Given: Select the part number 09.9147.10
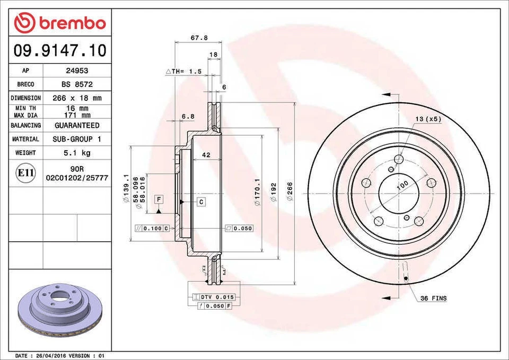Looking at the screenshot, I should [59, 51].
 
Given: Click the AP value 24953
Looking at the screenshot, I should [77, 71].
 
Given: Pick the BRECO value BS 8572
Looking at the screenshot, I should [77, 84].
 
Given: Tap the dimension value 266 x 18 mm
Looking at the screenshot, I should [77, 98].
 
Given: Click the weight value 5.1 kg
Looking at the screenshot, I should [77, 153].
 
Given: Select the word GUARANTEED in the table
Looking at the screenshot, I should [77, 126].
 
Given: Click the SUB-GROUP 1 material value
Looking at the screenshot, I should [77, 139].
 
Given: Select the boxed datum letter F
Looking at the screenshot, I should [159, 199].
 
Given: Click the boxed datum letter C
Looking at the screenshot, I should [201, 201].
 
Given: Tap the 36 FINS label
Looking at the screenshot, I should [433, 298].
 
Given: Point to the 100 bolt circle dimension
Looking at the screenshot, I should [402, 185].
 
